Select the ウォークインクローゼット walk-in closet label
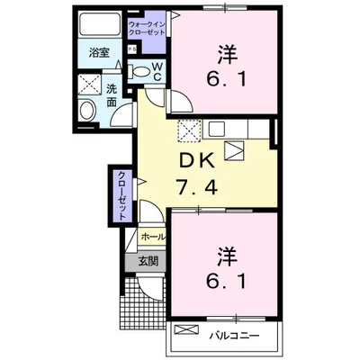147,26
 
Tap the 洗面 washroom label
112,94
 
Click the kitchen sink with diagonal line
233,150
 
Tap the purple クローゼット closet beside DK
121,193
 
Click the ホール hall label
152,237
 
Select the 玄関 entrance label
147,262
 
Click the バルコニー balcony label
236,336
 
